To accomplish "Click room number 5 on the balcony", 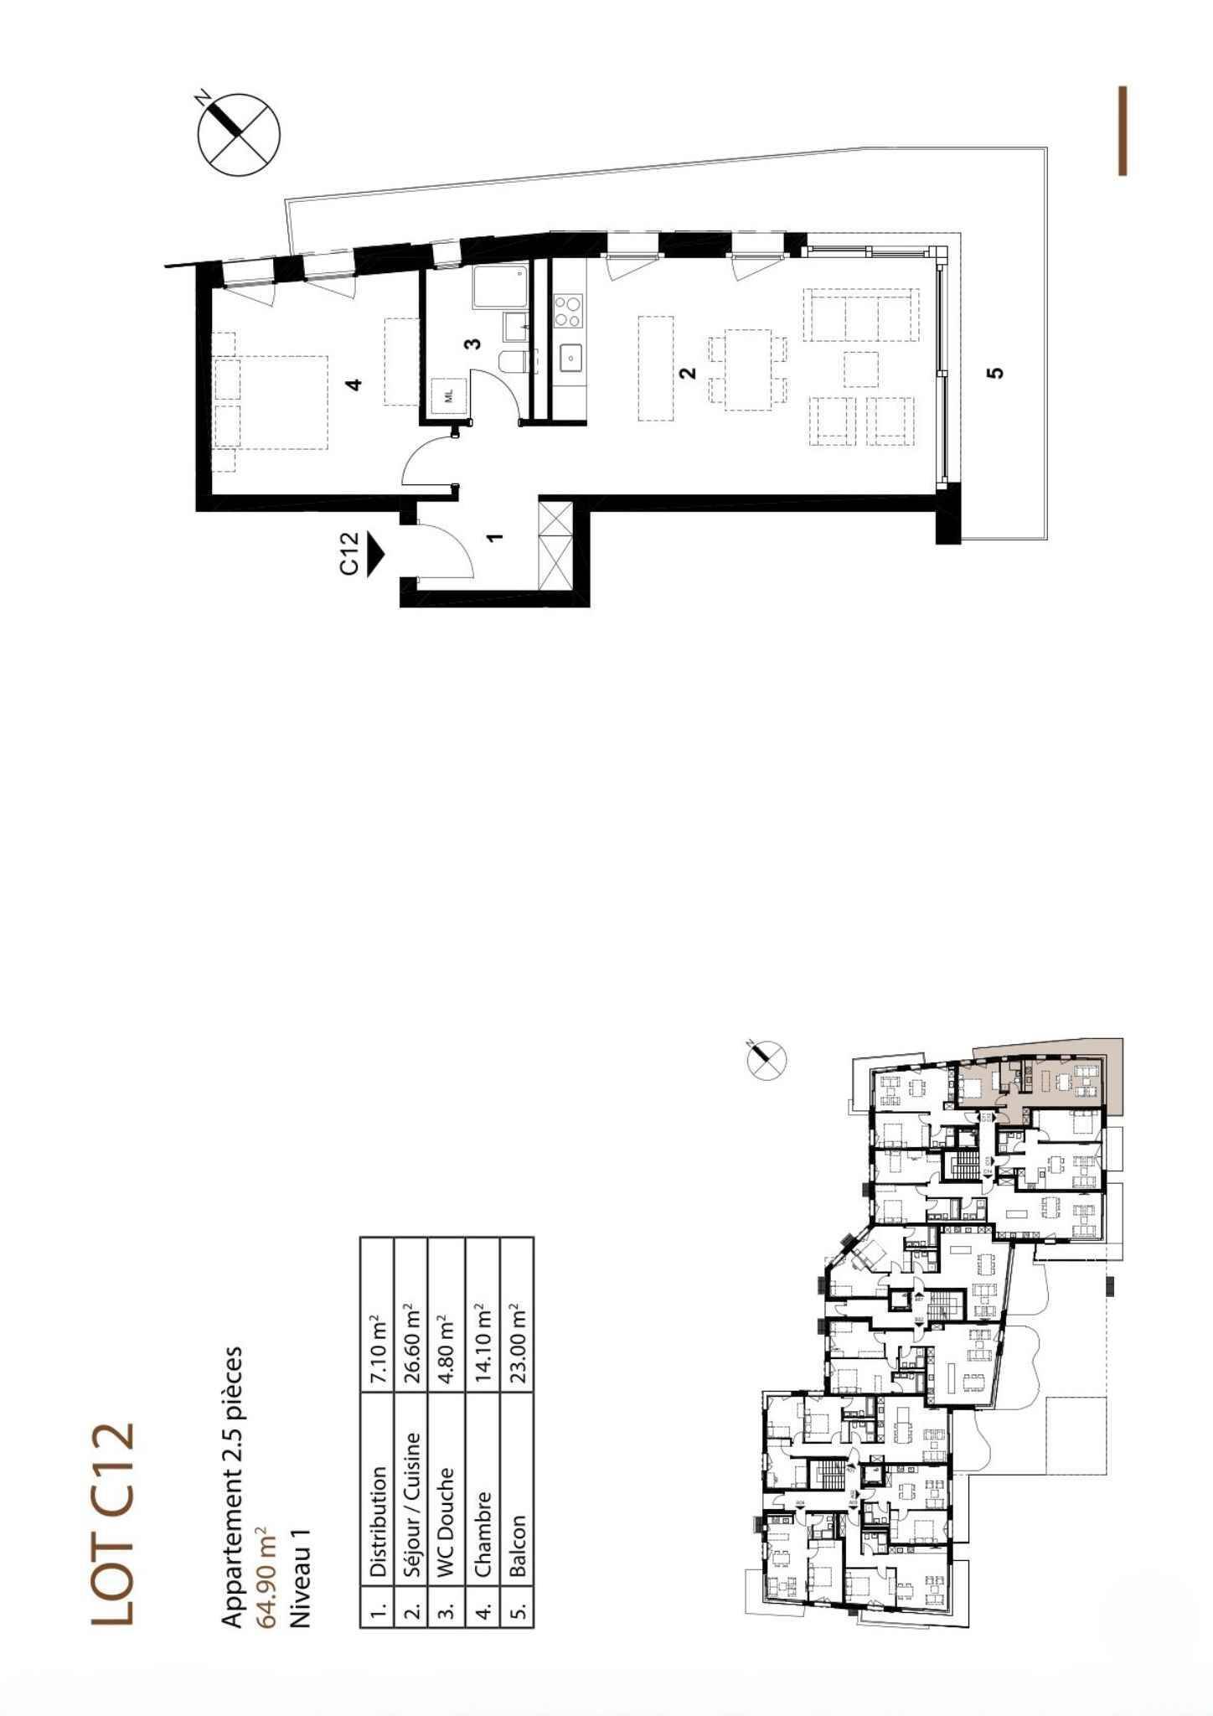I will point(995,372).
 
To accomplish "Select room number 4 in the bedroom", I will point(355,385).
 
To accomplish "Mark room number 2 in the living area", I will point(689,373).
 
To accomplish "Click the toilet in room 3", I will point(512,361).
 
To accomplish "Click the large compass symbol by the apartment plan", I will point(239,135).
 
